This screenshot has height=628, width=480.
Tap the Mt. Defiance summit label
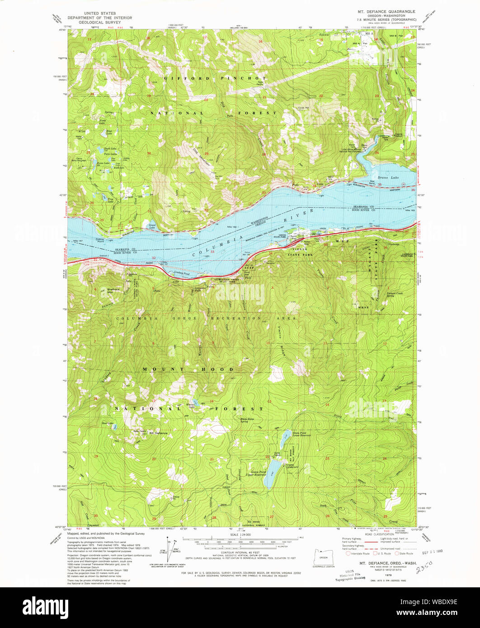tap(158, 433)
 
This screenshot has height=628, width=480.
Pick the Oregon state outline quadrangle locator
tap(323, 557)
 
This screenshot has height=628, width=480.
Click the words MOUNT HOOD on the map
tap(188, 370)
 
